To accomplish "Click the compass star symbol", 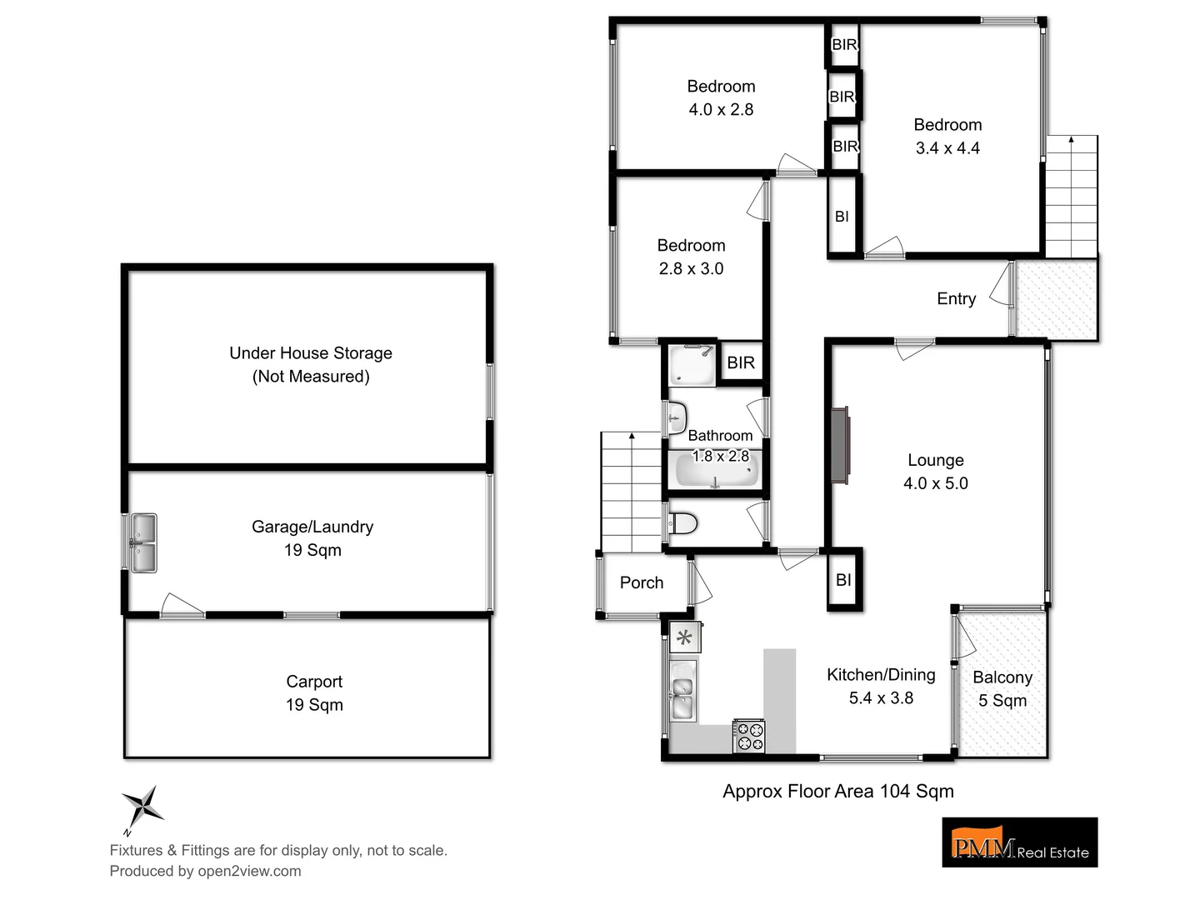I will (142, 807).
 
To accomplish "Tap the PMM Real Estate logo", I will (1019, 842).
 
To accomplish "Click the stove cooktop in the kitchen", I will (748, 736).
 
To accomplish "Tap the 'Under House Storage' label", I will (311, 353).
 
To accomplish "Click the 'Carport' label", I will (314, 682).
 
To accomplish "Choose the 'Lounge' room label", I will (936, 460).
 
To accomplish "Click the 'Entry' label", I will (956, 299).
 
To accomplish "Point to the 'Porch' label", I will (642, 583).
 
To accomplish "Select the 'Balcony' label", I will (1002, 677).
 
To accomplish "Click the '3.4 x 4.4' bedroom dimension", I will (947, 148).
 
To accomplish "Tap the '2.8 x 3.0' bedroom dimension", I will (691, 269).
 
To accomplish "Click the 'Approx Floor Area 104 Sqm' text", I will (837, 792).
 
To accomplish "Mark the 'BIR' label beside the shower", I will (741, 363).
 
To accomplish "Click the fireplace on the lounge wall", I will (839, 444).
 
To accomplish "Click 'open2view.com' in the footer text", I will (249, 872).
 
